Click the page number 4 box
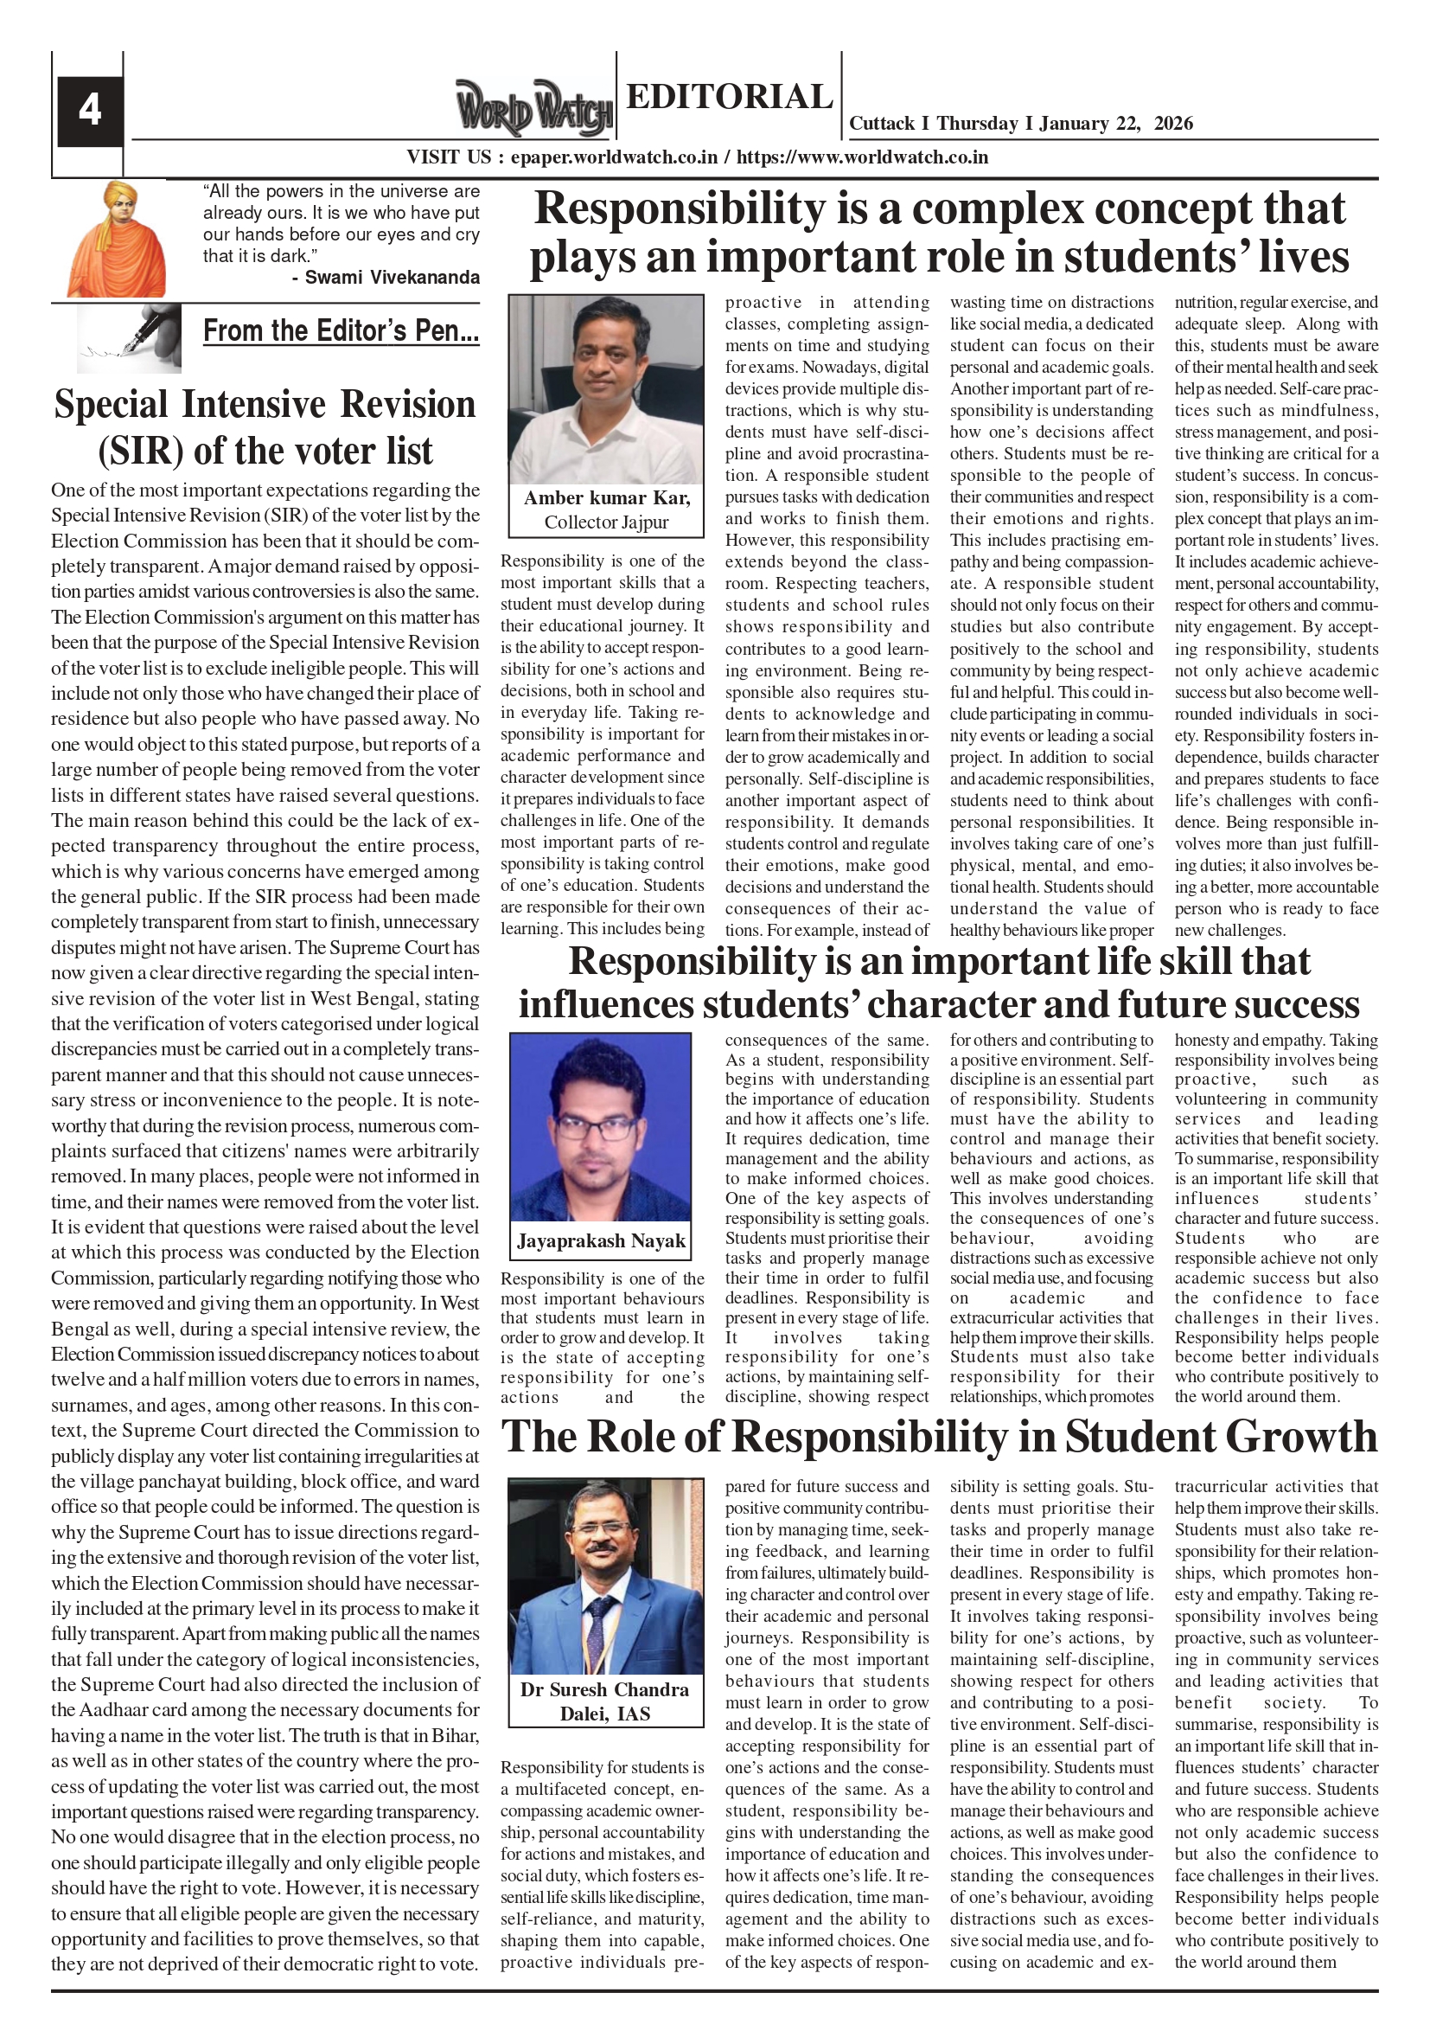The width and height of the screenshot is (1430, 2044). coord(90,112)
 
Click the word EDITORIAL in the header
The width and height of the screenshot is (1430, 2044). coord(729,96)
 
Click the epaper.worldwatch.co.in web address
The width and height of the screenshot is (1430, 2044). coord(614,157)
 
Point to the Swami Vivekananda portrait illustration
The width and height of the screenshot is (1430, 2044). coord(117,239)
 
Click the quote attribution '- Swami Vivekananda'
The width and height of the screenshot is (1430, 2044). coord(386,277)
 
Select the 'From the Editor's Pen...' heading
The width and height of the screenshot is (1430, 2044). coord(341,330)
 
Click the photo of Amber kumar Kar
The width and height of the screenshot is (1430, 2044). coord(606,389)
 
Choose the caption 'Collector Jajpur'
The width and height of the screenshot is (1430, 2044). coord(606,522)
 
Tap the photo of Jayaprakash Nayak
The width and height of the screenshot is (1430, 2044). coord(601,1126)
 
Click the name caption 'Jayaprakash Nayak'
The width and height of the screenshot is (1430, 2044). coord(601,1241)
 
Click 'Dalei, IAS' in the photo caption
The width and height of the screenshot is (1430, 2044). coord(605,1714)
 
